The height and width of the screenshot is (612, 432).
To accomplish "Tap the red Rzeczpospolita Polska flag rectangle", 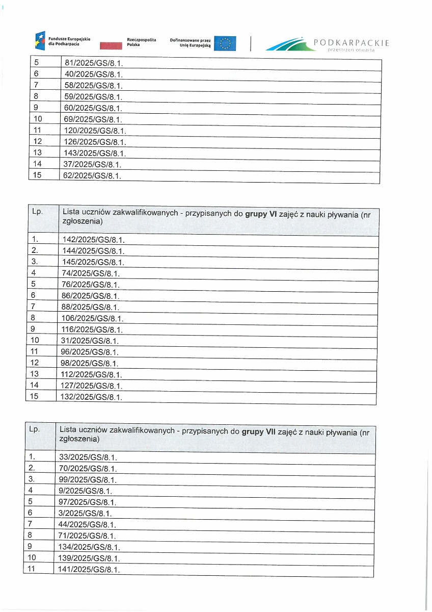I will point(111,46).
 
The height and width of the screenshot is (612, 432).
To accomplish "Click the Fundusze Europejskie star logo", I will point(40,40).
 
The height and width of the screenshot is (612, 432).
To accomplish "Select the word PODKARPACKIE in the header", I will point(352,43).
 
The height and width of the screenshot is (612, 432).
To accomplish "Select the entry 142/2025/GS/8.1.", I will point(94,240).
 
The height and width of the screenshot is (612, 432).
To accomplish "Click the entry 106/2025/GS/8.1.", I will point(93,319).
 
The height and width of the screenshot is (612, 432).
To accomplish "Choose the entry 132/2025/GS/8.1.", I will point(92,397).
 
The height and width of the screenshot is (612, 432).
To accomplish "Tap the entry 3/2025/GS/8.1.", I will point(86,513).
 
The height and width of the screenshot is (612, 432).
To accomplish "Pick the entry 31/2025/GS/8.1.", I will point(90,341).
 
